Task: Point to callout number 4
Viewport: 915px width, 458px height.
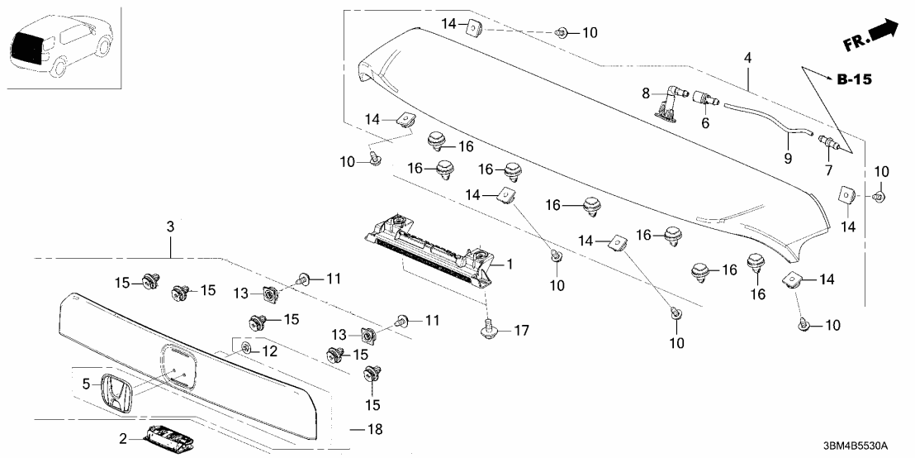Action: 747,59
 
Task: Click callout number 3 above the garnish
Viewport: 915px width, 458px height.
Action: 170,227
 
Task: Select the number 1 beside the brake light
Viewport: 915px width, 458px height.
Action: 510,265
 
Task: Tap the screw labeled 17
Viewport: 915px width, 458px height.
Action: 488,331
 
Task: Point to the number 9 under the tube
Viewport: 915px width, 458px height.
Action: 787,158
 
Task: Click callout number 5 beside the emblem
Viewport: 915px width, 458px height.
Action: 85,384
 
